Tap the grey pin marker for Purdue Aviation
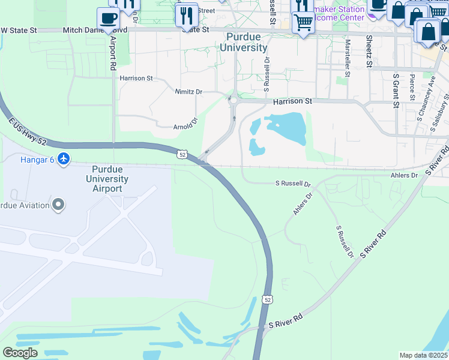tap(58, 205)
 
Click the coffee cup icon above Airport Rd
tap(108, 18)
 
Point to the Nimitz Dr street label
tap(188, 92)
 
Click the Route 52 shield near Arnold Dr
tap(181, 154)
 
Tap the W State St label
tap(22, 29)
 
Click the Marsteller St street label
tap(348, 55)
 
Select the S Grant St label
tap(396, 91)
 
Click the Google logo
tap(20, 352)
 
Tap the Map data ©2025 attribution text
tap(423, 355)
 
